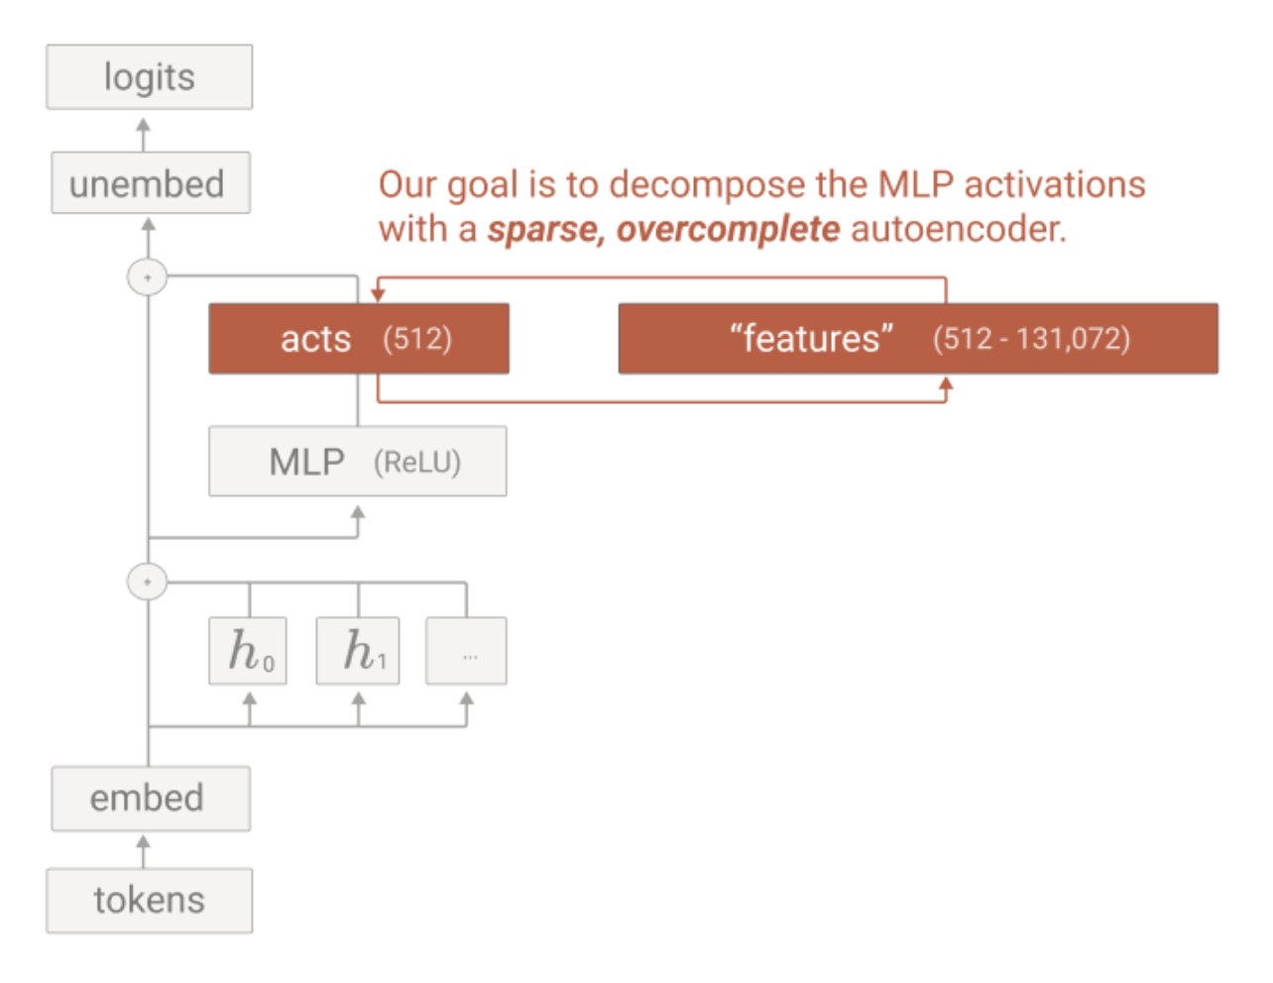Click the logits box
[x=150, y=76]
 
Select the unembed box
[x=151, y=182]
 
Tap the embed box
[x=151, y=799]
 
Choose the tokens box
[x=150, y=901]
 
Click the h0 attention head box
[x=248, y=650]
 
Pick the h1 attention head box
[x=358, y=650]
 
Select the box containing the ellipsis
[x=466, y=650]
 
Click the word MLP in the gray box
[x=306, y=462]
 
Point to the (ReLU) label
[x=417, y=463]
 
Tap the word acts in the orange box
[x=315, y=339]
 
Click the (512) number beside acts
[x=417, y=339]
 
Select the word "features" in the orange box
[x=811, y=338]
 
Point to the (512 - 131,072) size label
[x=1032, y=339]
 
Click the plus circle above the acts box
[x=148, y=277]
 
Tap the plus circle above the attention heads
[x=148, y=582]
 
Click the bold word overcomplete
[x=728, y=230]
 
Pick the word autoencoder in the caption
[x=959, y=228]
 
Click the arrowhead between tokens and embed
[x=143, y=842]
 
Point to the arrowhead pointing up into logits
[x=143, y=125]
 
